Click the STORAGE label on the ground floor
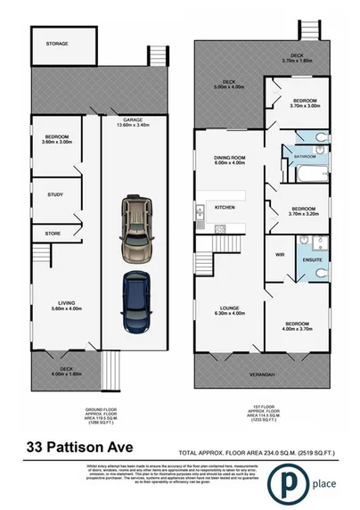pos(57,44)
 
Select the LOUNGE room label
pos(227,310)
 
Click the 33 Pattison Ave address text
pos(78,445)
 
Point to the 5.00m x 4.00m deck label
pos(229,84)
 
